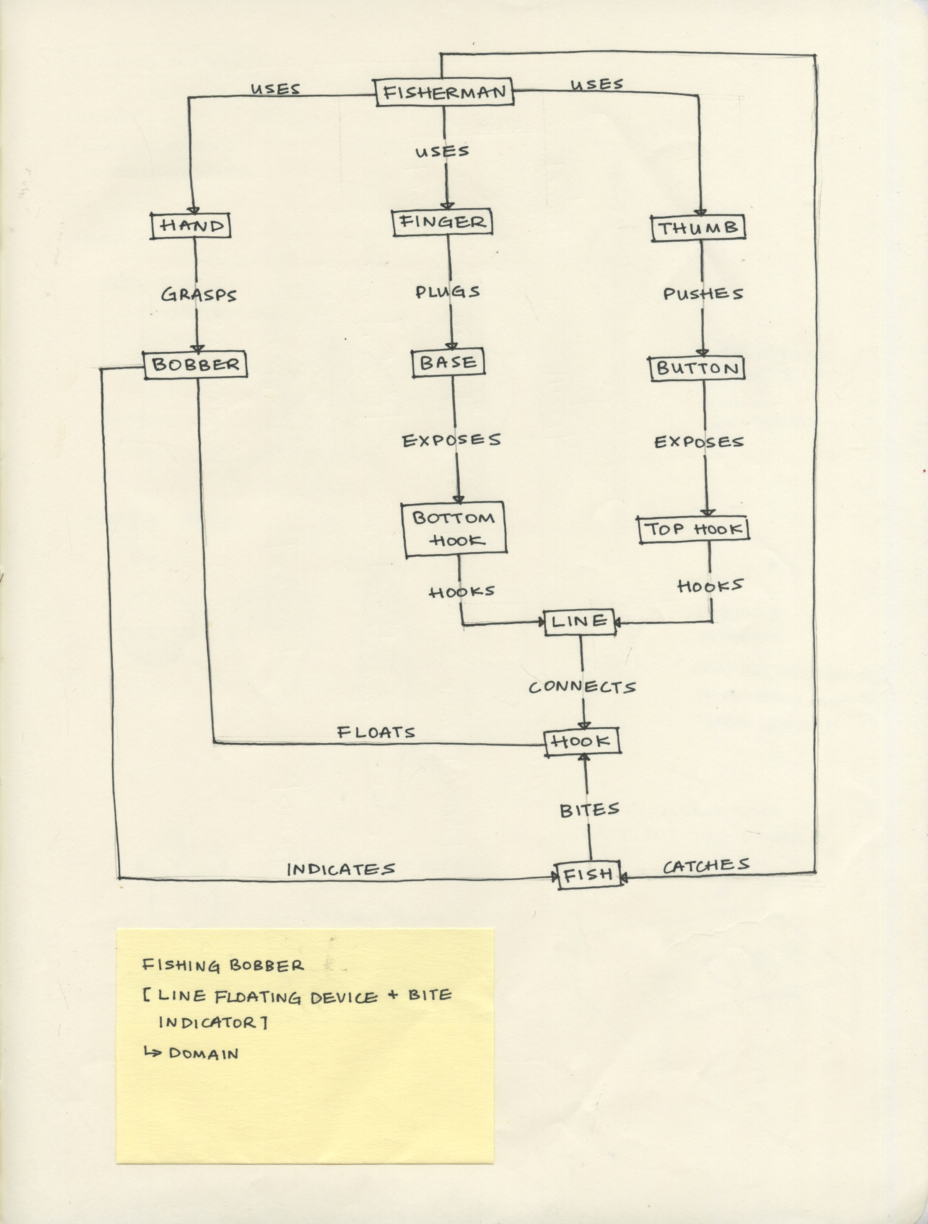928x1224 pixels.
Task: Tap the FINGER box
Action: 442,222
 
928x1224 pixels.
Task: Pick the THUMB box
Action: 698,228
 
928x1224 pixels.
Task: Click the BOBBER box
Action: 195,365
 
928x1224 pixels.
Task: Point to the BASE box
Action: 448,362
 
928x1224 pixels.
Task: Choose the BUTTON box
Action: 697,368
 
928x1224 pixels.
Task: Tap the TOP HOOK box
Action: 693,529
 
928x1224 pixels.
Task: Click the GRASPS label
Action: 199,295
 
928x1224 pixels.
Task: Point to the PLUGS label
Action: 448,292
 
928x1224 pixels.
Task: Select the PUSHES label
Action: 703,294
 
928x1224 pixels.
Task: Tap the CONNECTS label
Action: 582,687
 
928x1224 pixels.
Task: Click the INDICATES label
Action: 341,869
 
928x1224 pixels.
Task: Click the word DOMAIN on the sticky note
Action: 204,1053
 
